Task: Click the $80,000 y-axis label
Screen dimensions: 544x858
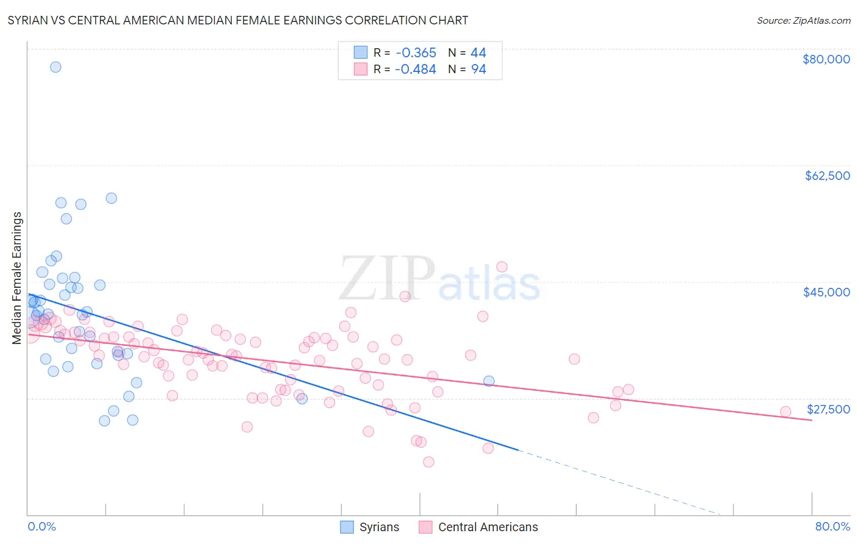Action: coord(826,59)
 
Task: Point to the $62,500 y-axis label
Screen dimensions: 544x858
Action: coord(827,176)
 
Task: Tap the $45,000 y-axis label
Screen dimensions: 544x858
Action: coord(826,292)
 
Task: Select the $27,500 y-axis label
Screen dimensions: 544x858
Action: coord(828,409)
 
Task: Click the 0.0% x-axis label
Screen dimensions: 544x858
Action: coord(41,526)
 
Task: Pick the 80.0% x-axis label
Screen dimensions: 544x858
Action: coord(832,526)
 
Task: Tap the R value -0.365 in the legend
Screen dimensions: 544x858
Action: coord(415,52)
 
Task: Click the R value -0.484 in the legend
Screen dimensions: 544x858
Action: coord(415,70)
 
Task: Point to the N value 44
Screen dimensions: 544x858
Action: coord(478,52)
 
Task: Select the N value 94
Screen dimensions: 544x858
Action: coord(478,70)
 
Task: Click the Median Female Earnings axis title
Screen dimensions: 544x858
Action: coord(16,277)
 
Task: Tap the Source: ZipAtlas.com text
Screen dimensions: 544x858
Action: coord(803,20)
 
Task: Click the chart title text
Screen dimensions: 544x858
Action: coord(237,20)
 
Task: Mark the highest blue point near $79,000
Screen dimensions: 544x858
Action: coord(56,67)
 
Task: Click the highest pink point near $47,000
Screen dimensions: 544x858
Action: coord(502,267)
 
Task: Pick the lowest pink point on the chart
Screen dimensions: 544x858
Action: coord(428,462)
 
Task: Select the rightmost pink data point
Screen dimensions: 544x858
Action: coord(785,412)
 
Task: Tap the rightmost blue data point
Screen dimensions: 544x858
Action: coord(489,381)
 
